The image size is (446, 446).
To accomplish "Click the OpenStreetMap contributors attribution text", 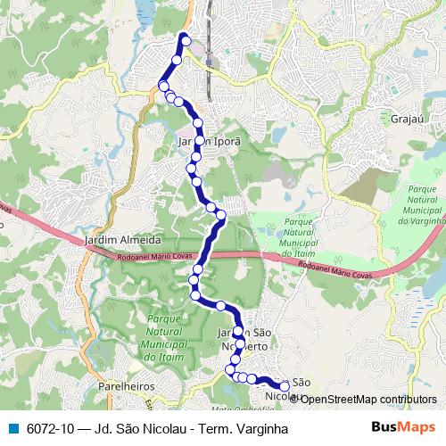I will pos(369,399).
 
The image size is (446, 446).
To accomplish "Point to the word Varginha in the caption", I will pos(263,429).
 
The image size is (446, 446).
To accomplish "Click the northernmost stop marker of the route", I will pos(186,38).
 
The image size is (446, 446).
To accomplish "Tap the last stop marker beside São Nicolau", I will pos(285,385).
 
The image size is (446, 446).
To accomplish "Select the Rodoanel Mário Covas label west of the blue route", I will pos(156,259).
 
